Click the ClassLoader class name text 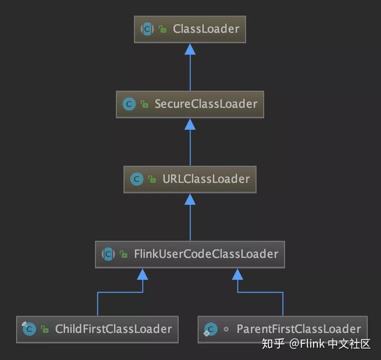point(206,29)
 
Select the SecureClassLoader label point(206,104)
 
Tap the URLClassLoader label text point(206,179)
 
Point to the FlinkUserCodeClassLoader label point(206,254)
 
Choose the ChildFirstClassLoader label point(113,329)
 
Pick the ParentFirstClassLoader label point(298,329)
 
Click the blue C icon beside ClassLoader point(147,29)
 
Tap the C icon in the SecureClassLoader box point(129,104)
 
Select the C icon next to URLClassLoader point(136,179)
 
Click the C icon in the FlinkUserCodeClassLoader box point(108,254)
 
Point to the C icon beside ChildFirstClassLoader point(29,329)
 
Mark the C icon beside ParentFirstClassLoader point(210,329)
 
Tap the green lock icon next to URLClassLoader point(152,180)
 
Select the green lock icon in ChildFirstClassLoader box point(45,329)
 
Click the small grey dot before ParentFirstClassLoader point(226,329)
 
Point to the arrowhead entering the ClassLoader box point(190,49)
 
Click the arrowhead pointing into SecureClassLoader point(190,124)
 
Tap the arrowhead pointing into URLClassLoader point(190,199)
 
